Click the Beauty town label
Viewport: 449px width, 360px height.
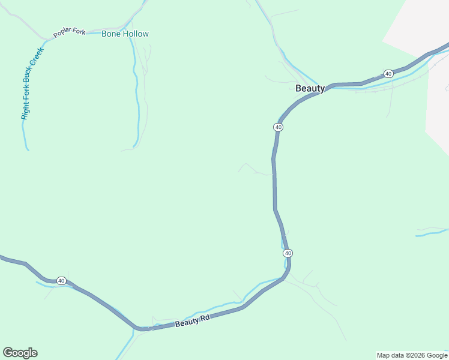pos(310,88)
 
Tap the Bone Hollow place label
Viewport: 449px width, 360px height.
pos(125,34)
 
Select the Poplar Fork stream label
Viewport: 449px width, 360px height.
pos(70,32)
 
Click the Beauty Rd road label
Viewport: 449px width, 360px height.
pos(193,320)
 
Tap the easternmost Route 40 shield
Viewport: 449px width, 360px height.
pos(388,74)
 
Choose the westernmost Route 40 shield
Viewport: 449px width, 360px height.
pos(61,281)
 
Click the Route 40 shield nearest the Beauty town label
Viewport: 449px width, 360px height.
pos(278,127)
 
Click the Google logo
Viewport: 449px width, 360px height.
pos(20,353)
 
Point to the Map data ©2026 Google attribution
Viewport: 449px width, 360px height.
pos(412,355)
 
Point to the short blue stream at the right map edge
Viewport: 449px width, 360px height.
pos(432,232)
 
